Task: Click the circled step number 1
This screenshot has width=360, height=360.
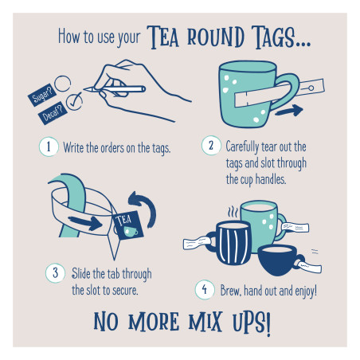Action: point(48,147)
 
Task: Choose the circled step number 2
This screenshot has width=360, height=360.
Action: point(211,147)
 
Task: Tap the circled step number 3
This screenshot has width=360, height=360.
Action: point(57,273)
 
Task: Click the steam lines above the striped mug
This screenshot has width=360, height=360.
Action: point(233,213)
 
